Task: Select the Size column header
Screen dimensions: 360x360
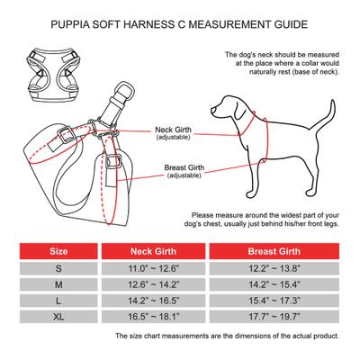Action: tap(58, 251)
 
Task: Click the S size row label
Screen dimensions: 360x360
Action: tap(58, 268)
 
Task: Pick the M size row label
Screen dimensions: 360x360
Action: tap(58, 284)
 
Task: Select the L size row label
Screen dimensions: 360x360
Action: tap(58, 301)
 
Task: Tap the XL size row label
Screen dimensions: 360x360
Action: tap(58, 317)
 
